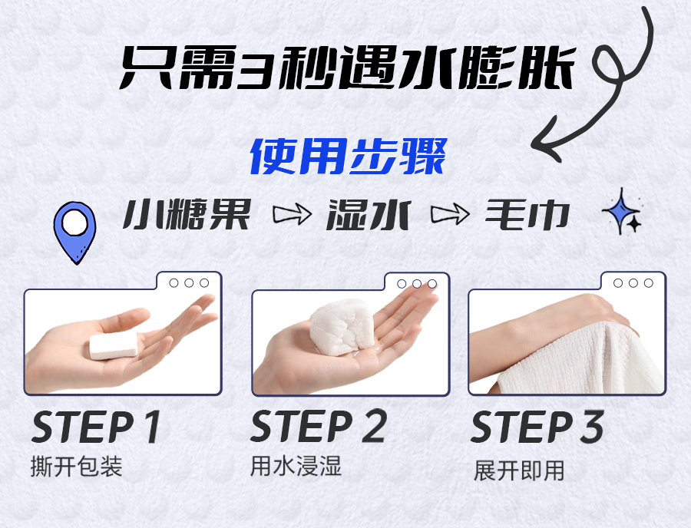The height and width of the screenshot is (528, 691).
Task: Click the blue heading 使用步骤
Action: pos(349,157)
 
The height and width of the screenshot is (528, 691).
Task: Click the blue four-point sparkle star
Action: pos(620,210)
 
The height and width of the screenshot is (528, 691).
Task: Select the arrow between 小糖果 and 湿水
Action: pos(293,214)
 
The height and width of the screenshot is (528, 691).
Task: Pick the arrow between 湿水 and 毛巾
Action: pos(450,214)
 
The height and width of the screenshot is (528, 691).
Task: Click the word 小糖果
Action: pos(187,214)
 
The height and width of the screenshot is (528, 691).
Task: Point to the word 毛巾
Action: pos(527,214)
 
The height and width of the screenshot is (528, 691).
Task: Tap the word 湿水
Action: pos(369,214)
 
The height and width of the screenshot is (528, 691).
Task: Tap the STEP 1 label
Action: pos(96,427)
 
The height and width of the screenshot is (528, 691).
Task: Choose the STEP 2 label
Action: pos(319,426)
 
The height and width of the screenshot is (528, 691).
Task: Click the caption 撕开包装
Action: pos(76,467)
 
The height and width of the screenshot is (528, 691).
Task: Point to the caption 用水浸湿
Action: pos(296,466)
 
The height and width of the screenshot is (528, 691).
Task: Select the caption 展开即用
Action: pos(519,470)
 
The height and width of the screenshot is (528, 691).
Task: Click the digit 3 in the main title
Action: pos(255,68)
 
